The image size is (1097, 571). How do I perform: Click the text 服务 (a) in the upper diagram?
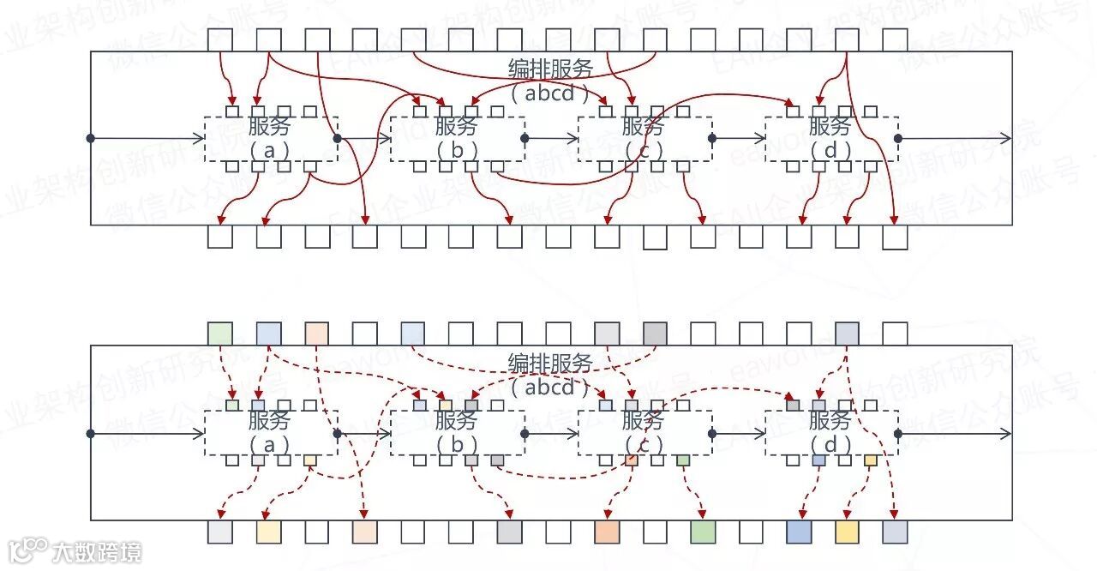[x=269, y=137]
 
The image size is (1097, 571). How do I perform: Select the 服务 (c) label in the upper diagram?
[x=643, y=137]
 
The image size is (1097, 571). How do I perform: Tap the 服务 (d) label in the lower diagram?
[x=830, y=432]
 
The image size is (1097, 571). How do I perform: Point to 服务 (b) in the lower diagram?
[x=456, y=432]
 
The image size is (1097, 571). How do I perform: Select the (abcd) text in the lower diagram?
[x=550, y=387]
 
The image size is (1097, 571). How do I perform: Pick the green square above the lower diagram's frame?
[x=220, y=334]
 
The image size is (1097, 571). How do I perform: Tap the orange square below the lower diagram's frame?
[x=607, y=532]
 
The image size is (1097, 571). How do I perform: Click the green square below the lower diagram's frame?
[x=703, y=532]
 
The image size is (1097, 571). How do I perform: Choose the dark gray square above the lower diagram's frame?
[x=655, y=334]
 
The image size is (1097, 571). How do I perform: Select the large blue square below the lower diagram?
[x=799, y=532]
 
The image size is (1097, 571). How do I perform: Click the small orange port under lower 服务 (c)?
[x=632, y=460]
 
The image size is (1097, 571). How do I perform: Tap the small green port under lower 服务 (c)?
[x=682, y=460]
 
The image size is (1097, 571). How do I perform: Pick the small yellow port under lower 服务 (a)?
[x=309, y=460]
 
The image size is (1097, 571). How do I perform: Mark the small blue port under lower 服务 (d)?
[x=818, y=460]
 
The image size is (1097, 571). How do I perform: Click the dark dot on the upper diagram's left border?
[x=90, y=137]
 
